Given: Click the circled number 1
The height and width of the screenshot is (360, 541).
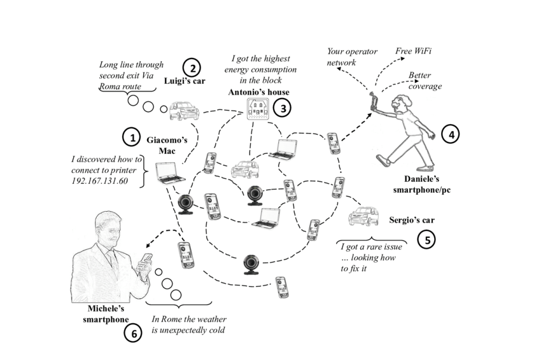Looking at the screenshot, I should [x=131, y=137].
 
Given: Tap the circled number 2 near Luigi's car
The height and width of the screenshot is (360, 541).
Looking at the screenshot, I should [x=192, y=67].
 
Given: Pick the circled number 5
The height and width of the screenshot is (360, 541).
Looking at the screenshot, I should [x=426, y=239].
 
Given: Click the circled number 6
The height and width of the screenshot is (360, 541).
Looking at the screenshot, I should [x=132, y=333].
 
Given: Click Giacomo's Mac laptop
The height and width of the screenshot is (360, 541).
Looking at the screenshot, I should [x=166, y=172].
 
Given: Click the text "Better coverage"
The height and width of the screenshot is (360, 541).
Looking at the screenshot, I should [x=424, y=80].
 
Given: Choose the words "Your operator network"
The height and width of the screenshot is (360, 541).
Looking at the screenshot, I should [x=352, y=57].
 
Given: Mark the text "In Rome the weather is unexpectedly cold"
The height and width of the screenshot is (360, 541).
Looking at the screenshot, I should [x=189, y=324].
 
